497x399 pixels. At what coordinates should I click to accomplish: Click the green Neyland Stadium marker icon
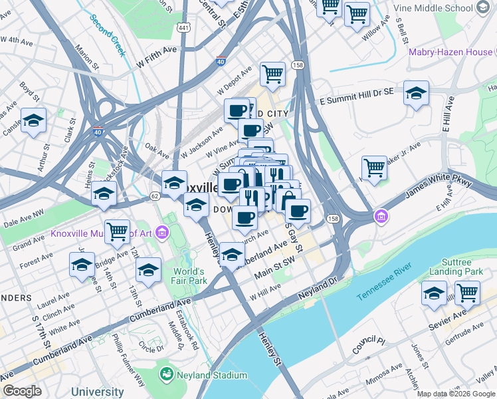(x=165, y=375)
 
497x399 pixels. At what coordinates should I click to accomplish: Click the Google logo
(x=21, y=390)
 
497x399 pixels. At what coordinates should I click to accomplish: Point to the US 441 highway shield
(x=184, y=25)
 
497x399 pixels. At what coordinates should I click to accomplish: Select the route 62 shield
(x=155, y=196)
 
